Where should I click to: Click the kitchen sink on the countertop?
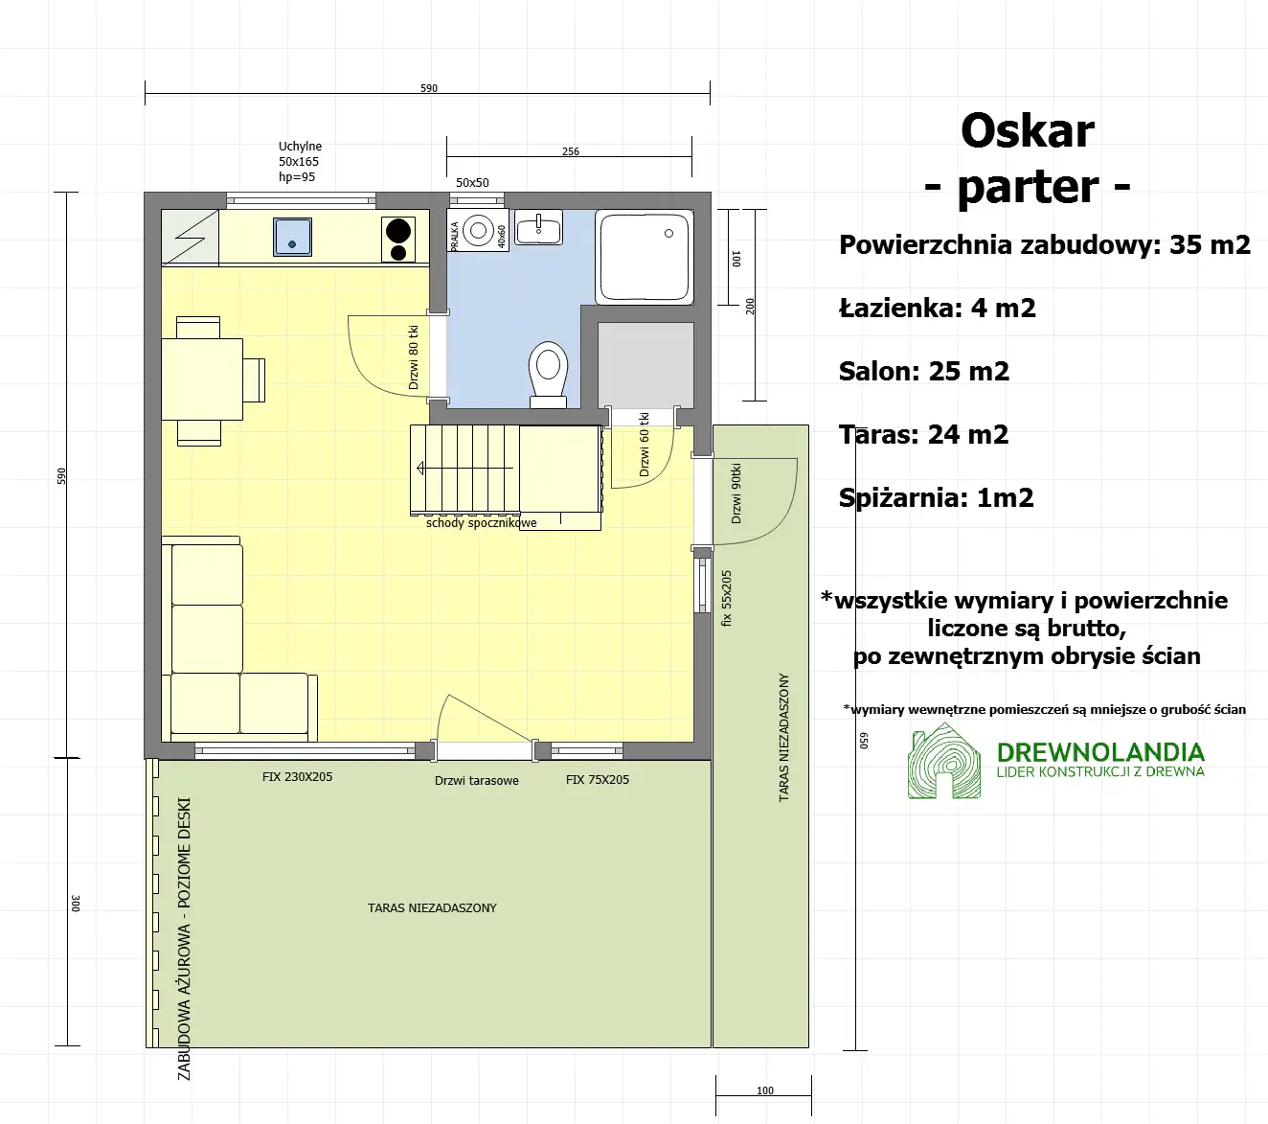[x=293, y=237]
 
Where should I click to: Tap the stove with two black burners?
[x=398, y=240]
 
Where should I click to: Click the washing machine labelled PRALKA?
[x=478, y=232]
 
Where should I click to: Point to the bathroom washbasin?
[x=539, y=228]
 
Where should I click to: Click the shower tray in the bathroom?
[x=645, y=257]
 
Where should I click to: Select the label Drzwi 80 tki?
[x=414, y=356]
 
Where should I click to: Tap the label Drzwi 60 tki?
[x=645, y=445]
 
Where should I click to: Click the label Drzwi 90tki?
[x=736, y=493]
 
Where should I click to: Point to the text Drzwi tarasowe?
[x=477, y=781]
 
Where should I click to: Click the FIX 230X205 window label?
[x=297, y=777]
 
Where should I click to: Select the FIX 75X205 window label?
[x=598, y=780]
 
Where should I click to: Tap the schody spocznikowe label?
[x=481, y=523]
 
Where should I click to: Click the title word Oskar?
[x=1028, y=131]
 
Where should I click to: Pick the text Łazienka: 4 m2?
[x=937, y=309]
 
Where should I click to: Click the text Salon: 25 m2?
[x=924, y=372]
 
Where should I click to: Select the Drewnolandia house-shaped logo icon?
[x=944, y=763]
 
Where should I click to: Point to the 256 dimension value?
[x=571, y=151]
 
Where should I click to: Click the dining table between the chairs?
[x=202, y=379]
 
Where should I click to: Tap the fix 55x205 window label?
[x=727, y=598]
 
